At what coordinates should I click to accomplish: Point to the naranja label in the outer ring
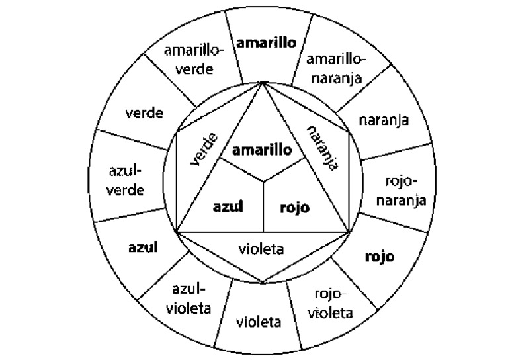[384, 120]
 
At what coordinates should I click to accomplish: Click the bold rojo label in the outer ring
[379, 256]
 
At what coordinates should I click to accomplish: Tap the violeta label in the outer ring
[259, 322]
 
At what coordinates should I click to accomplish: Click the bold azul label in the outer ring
[142, 248]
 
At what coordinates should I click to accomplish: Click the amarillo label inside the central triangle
[263, 151]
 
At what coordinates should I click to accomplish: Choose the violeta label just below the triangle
[261, 249]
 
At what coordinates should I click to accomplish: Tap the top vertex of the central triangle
[263, 83]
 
